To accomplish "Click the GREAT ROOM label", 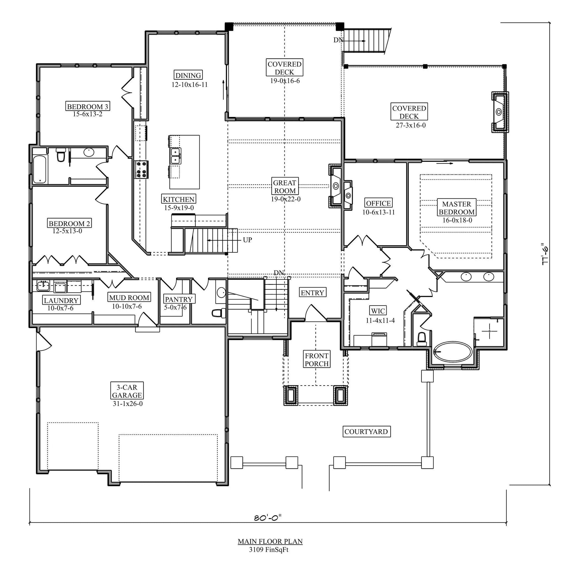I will [284, 186].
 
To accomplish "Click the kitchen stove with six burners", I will [141, 170].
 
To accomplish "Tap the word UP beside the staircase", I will [247, 240].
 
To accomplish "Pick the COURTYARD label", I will [366, 432].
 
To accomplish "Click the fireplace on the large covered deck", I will [499, 112].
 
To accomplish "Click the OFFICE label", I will [378, 203].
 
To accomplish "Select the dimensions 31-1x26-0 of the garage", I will [128, 404].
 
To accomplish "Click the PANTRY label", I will [179, 299].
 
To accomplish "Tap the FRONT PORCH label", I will [316, 360].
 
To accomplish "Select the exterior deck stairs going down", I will [367, 41].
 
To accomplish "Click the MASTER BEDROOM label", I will [456, 208].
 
